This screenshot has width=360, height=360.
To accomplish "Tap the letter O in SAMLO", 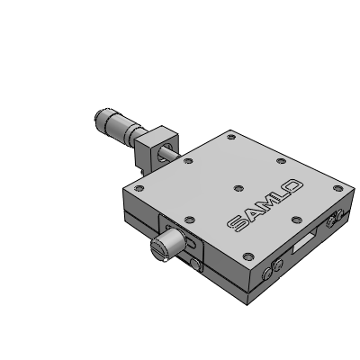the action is pyautogui.click(x=292, y=186).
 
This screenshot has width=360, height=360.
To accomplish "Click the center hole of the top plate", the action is pyautogui.click(x=238, y=188).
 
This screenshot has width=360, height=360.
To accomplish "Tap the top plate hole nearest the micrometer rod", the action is pyautogui.click(x=188, y=161).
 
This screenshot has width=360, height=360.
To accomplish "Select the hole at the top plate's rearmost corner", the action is pyautogui.click(x=231, y=137).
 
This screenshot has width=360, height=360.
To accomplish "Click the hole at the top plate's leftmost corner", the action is pyautogui.click(x=139, y=188).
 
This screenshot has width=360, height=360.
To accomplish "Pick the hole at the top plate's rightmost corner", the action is pyautogui.click(x=338, y=188).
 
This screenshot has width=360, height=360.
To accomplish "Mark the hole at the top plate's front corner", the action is pyautogui.click(x=248, y=256).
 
